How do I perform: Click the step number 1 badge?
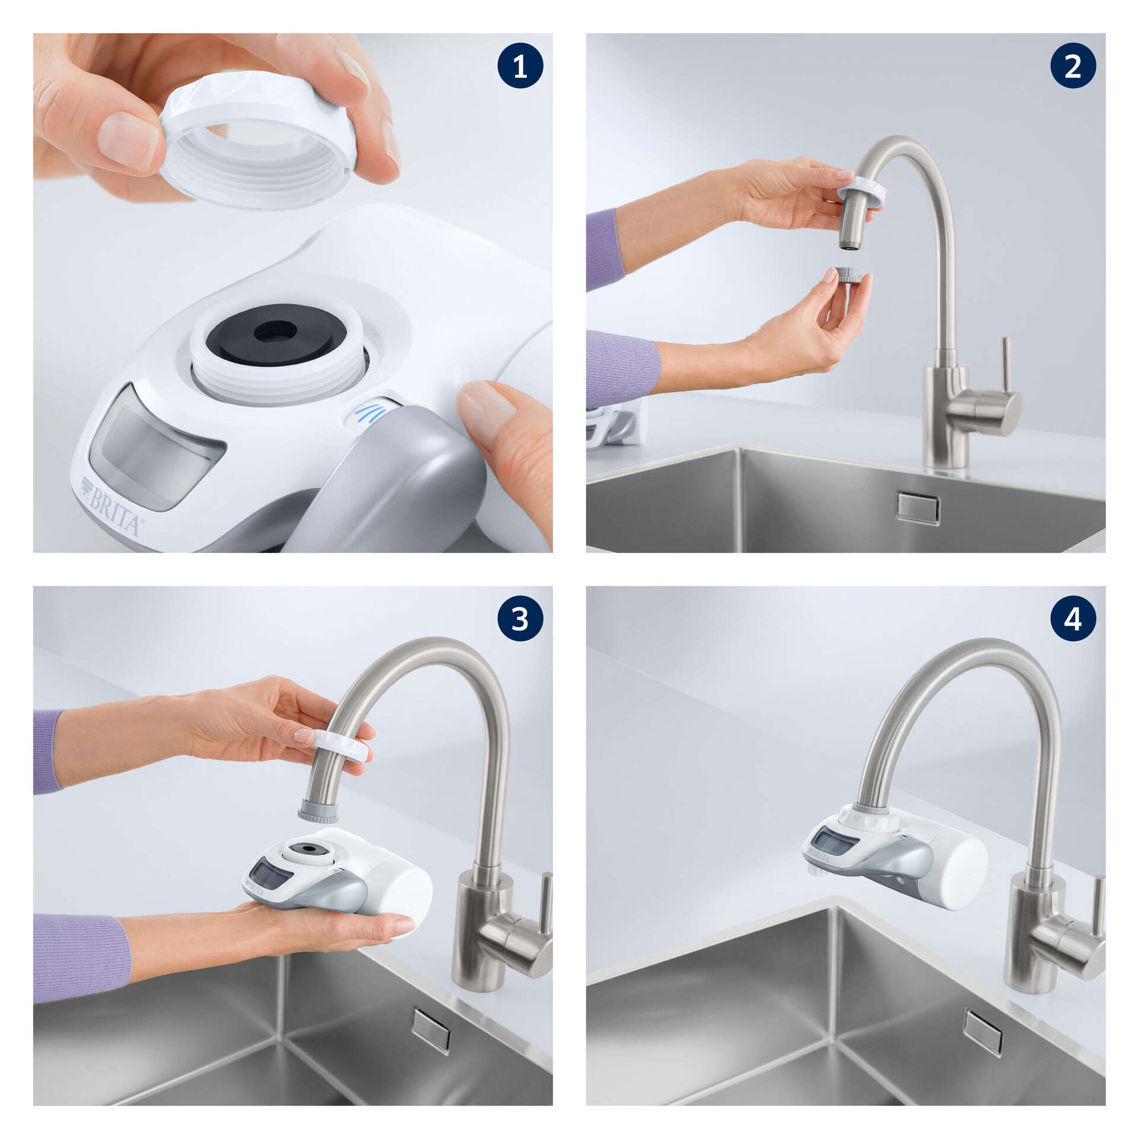click(520, 66)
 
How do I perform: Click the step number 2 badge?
click(1072, 66)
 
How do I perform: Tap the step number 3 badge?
click(520, 619)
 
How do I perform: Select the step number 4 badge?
click(1072, 619)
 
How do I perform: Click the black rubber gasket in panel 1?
click(275, 334)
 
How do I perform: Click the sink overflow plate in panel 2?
click(918, 507)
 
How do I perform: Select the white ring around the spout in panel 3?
click(341, 745)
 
